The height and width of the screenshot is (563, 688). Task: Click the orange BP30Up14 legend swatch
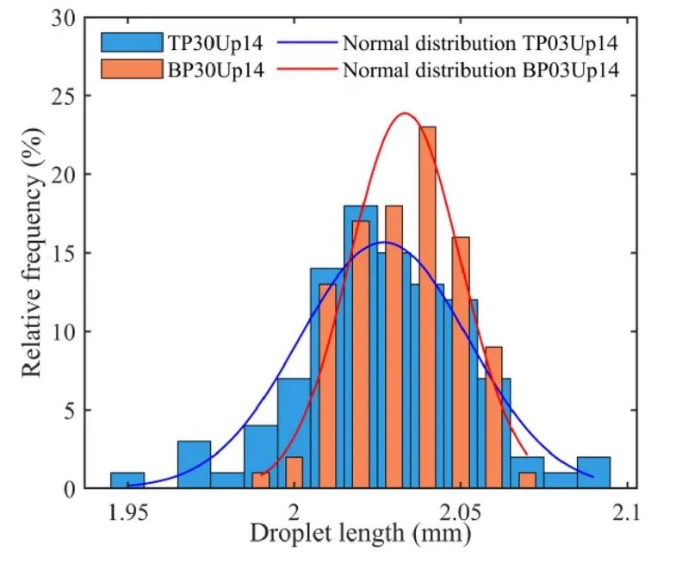132,70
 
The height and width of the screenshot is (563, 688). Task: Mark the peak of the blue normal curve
385,242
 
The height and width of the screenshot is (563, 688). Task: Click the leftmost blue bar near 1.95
127,480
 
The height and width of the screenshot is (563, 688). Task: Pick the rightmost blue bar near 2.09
593,473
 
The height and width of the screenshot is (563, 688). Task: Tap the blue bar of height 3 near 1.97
194,465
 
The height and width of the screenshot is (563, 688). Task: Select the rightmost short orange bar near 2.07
527,480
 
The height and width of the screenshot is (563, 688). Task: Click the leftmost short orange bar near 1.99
261,480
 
